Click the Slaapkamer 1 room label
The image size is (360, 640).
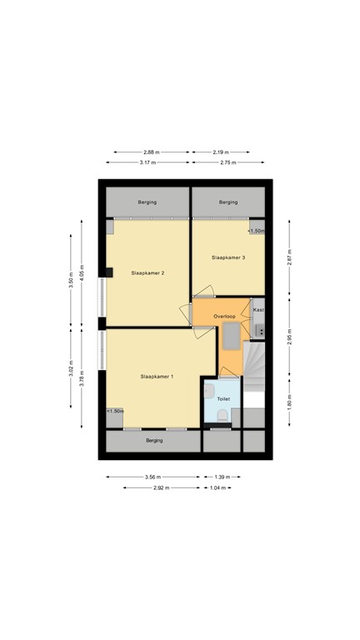pos(157,377)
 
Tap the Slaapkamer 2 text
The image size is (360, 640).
pos(147,272)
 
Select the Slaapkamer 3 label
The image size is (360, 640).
pos(227,257)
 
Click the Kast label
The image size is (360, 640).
pos(258,309)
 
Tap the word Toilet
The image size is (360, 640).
pos(222,399)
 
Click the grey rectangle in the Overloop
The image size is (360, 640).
pos(229,336)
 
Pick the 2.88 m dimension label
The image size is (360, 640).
pos(151,152)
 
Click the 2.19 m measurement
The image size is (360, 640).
pos(220,152)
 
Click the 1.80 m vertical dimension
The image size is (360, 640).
pos(289,403)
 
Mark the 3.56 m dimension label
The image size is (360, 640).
pos(152,477)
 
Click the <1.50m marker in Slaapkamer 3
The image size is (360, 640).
pos(256,231)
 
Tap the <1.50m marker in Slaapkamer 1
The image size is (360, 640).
pos(115,411)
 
